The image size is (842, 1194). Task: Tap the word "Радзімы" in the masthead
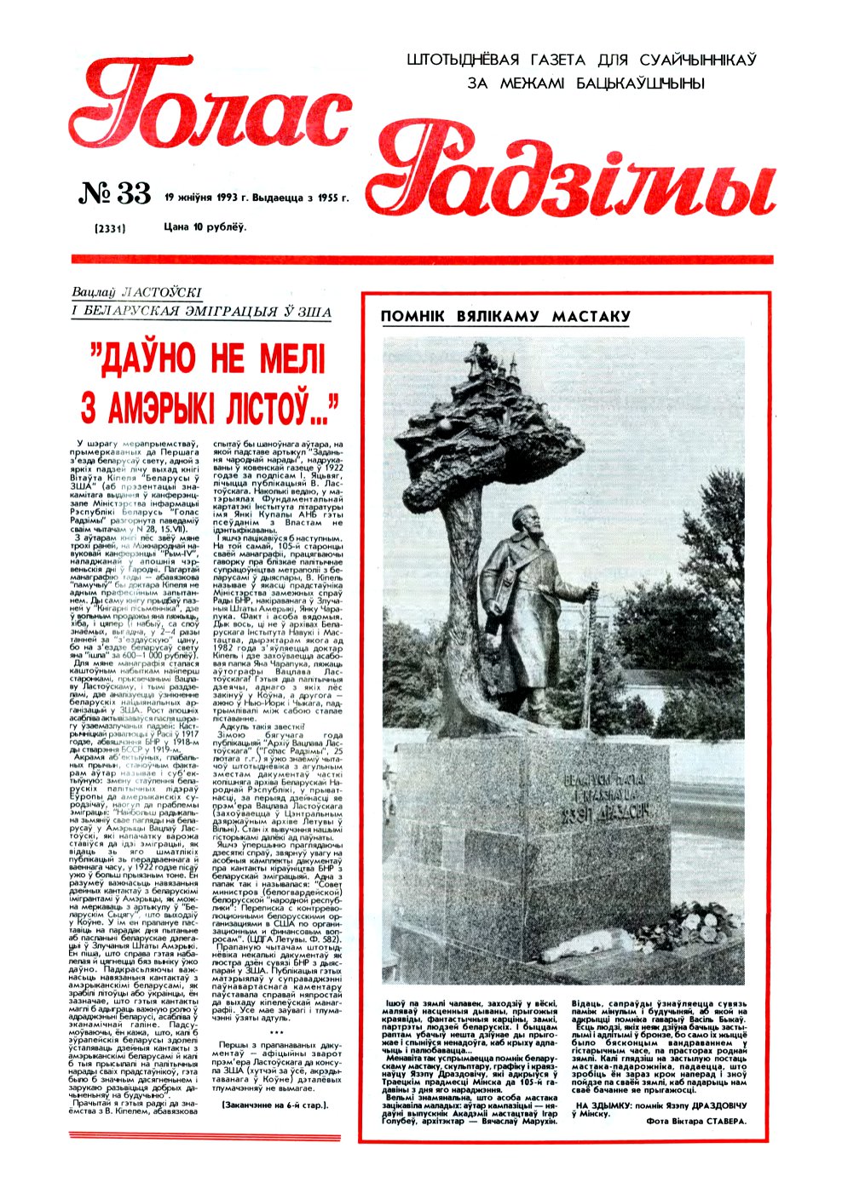click(571, 175)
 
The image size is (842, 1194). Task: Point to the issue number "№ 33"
click(114, 194)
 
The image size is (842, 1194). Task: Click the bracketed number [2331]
click(110, 227)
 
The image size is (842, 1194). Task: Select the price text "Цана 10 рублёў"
click(205, 227)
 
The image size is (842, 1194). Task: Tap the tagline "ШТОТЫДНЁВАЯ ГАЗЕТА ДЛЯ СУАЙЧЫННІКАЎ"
click(582, 60)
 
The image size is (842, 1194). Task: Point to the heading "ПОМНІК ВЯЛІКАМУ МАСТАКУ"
click(505, 317)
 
